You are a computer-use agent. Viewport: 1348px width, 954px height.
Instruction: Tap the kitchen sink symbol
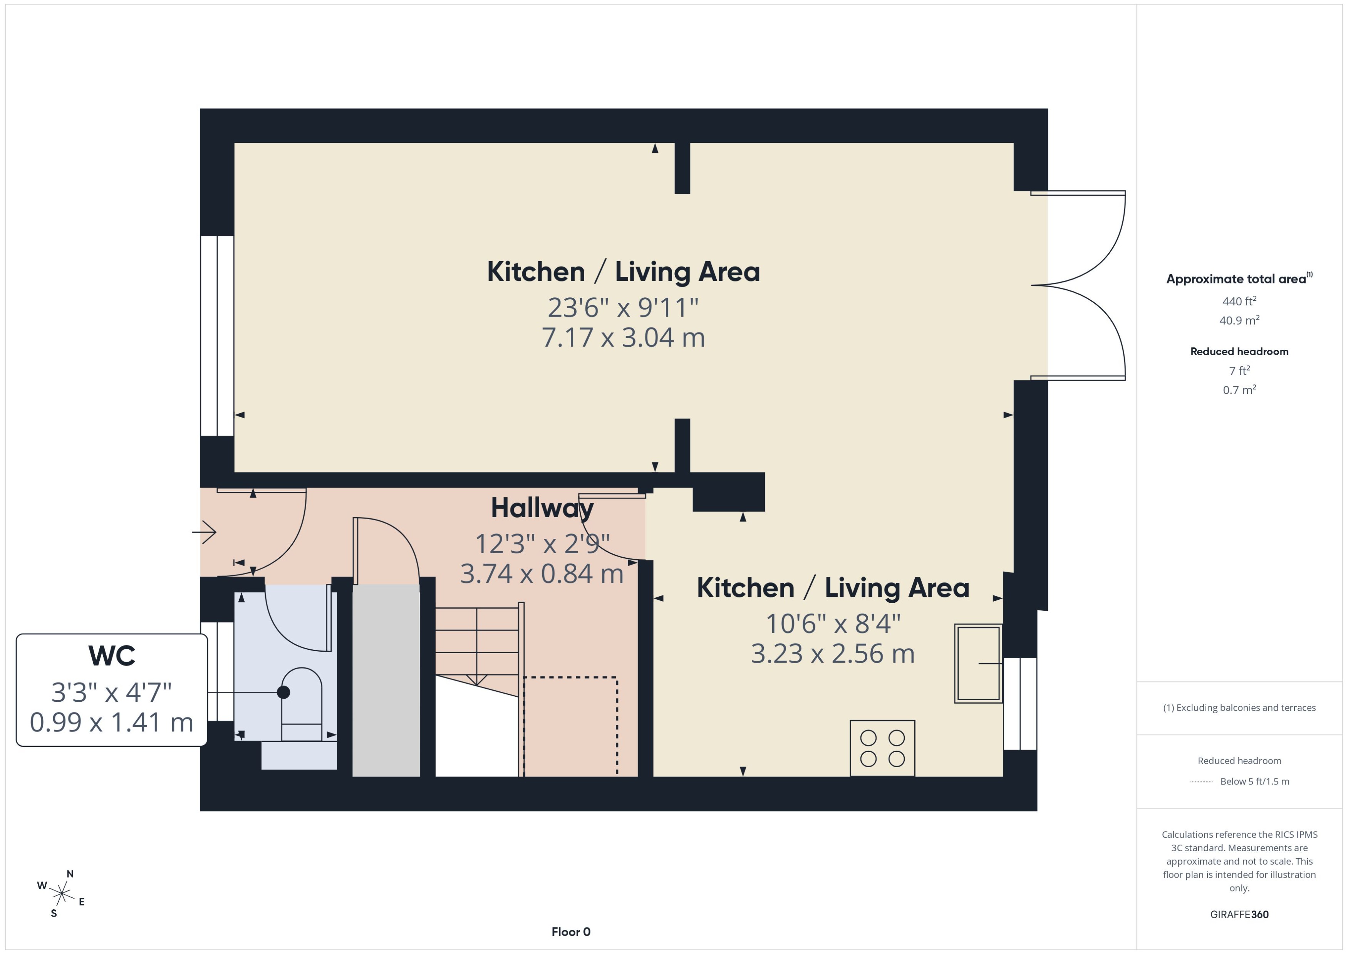click(977, 663)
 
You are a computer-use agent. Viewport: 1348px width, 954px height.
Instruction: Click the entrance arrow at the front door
click(205, 533)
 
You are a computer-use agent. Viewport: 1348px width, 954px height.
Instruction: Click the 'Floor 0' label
click(570, 932)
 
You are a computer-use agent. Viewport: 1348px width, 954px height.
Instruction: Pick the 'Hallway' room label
click(542, 508)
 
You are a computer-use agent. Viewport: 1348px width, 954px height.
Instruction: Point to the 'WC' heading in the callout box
click(112, 656)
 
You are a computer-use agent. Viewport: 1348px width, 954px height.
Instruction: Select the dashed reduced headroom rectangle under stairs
click(570, 726)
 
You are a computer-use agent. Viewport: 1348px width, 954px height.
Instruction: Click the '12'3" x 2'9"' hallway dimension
click(542, 544)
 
